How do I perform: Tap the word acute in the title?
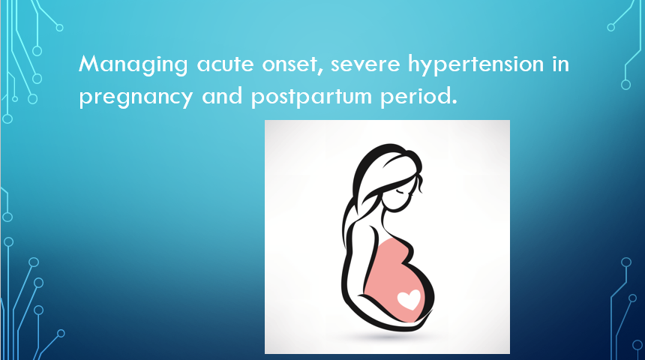tap(225, 64)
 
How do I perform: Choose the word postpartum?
tap(311, 97)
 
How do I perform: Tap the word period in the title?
tap(415, 97)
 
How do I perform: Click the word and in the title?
tap(222, 96)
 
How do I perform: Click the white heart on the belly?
tap(409, 299)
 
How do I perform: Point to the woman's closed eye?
tap(401, 192)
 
